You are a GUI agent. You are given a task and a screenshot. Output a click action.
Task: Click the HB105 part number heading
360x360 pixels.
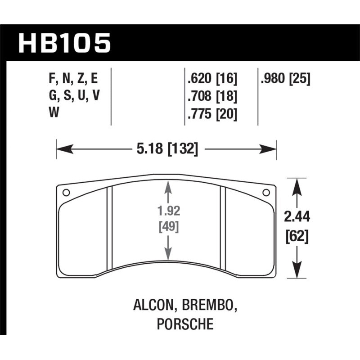point(64,43)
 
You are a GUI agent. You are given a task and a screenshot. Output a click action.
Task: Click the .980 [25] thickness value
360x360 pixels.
point(285,79)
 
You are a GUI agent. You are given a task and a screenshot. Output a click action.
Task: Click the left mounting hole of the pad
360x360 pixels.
point(66,193)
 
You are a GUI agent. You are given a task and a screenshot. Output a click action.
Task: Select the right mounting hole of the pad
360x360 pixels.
point(265,193)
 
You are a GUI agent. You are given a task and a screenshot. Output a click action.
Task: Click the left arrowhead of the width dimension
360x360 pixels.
point(60,148)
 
